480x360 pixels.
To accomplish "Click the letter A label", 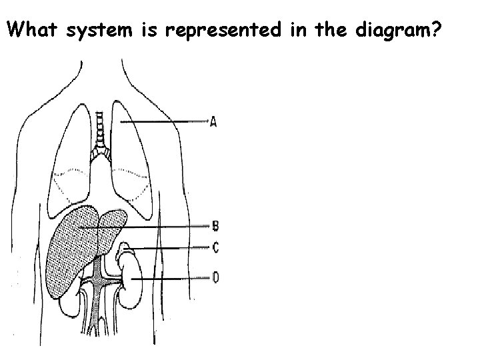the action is [x=213, y=122].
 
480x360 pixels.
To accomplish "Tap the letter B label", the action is [x=215, y=227].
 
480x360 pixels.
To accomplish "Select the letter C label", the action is [x=215, y=247].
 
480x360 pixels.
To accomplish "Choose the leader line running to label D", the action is [x=173, y=278].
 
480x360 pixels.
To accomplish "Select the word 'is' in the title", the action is [x=154, y=30].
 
